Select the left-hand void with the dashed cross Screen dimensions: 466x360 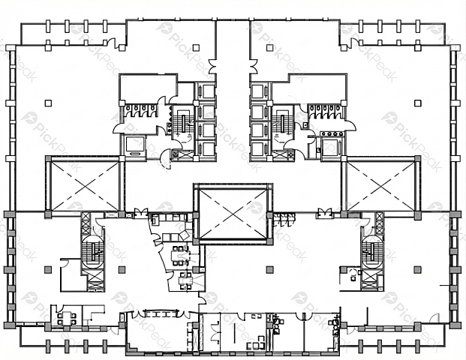pyautogui.click(x=85, y=186)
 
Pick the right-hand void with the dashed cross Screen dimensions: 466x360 pyautogui.click(x=380, y=187)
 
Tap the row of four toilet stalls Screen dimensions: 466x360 pyautogui.click(x=141, y=111)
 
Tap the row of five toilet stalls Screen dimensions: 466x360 pyautogui.click(x=325, y=111)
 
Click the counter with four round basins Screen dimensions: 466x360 pyautogui.click(x=332, y=134)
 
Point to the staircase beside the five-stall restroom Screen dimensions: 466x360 pyautogui.click(x=281, y=124)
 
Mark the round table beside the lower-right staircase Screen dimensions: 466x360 pyautogui.click(x=353, y=272)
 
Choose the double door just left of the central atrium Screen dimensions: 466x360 pyautogui.click(x=140, y=213)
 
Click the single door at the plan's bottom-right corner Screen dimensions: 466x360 pyautogui.click(x=434, y=319)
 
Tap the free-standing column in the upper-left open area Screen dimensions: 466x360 pyautogui.click(x=48, y=103)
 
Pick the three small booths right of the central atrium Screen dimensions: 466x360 pyautogui.click(x=284, y=218)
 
